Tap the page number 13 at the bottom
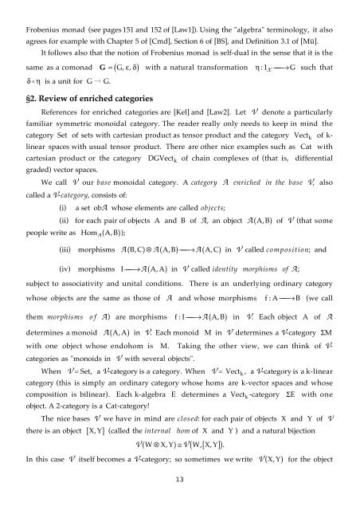point(179,488)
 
